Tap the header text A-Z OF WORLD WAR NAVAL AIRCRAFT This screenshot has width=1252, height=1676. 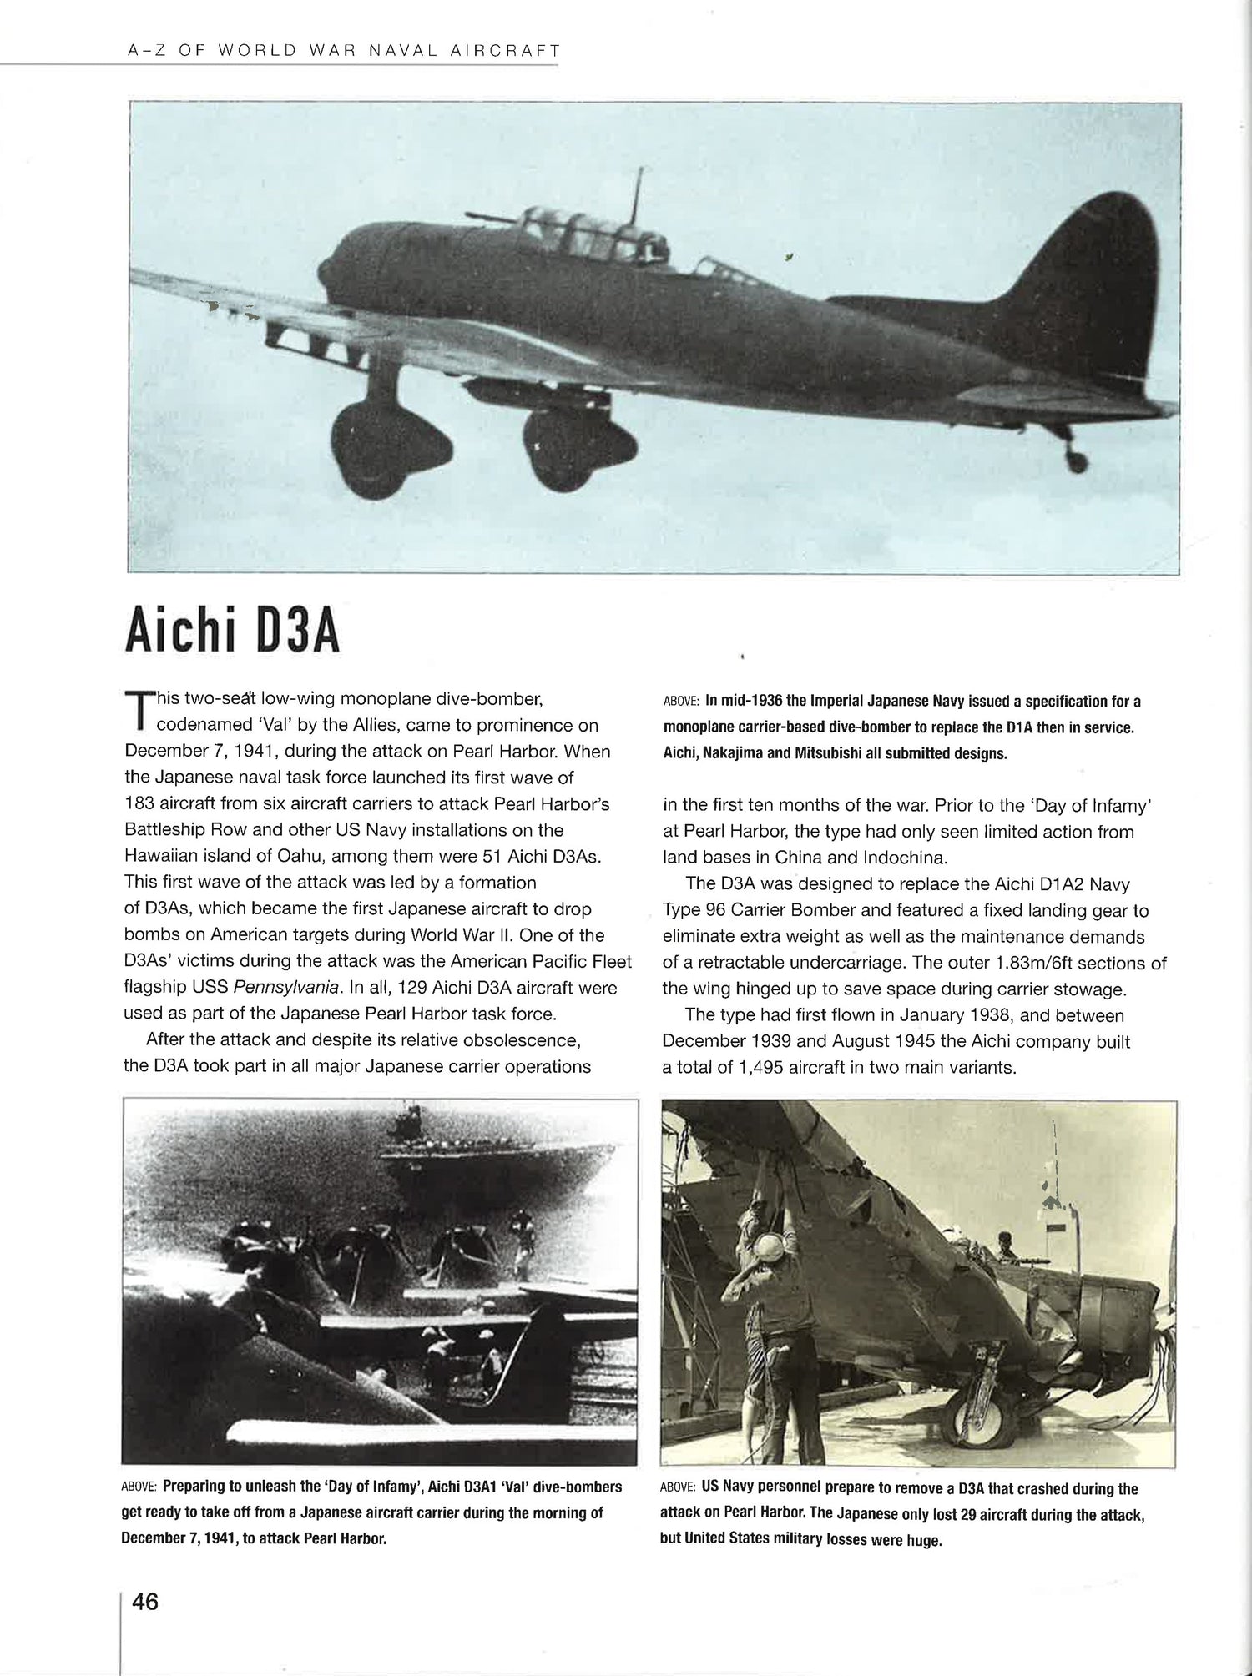[x=342, y=50]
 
